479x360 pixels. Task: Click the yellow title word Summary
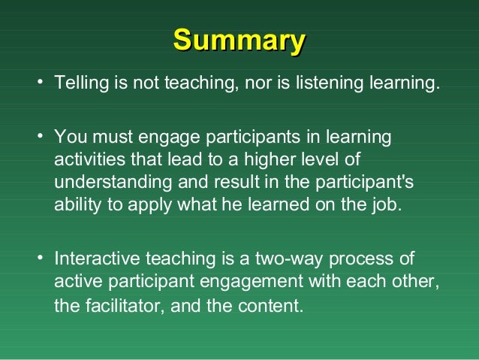239,40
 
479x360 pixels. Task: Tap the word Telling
80,83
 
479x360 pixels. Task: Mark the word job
389,205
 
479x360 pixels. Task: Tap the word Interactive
95,259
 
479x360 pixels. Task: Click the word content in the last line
272,305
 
